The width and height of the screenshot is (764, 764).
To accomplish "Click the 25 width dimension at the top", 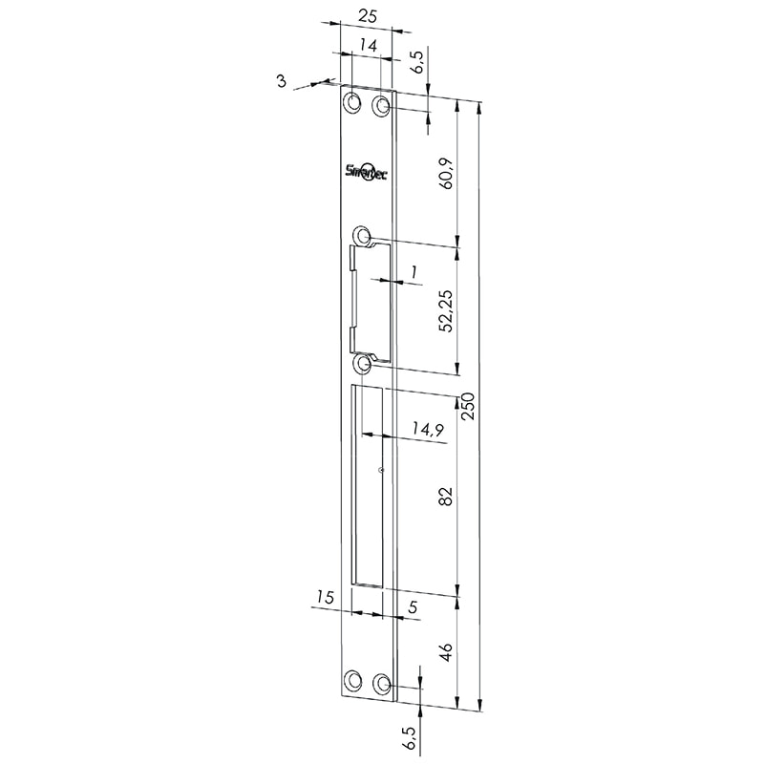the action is (x=368, y=16).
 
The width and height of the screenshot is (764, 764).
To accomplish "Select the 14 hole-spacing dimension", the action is (x=369, y=46).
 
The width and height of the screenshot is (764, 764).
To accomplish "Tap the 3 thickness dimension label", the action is (x=281, y=81).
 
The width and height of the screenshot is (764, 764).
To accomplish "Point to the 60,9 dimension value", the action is (x=446, y=174).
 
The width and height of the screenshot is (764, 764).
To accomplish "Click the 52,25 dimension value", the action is (x=446, y=311).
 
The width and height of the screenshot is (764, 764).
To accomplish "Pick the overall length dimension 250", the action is (x=468, y=406).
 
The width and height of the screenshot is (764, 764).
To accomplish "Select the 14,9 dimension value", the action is (x=427, y=429).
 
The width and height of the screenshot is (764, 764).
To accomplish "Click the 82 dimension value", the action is (x=446, y=496).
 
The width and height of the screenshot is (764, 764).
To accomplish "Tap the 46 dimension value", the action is (x=446, y=652).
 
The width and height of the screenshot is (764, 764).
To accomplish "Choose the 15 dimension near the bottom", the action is (x=325, y=597).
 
